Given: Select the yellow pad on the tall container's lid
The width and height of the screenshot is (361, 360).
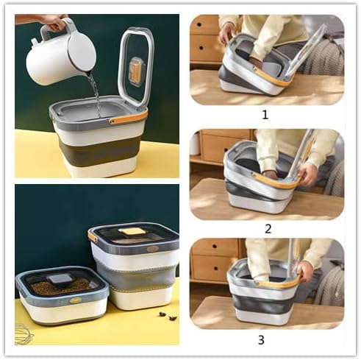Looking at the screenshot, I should coord(132,231).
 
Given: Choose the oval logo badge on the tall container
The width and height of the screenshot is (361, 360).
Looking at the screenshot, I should coord(151,249).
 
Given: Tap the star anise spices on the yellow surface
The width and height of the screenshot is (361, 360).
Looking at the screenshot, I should coord(167,316).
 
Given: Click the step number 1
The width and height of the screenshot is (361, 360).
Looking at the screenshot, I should coord(265,115).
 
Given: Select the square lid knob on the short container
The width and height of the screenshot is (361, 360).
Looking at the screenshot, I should coord(61,278).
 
